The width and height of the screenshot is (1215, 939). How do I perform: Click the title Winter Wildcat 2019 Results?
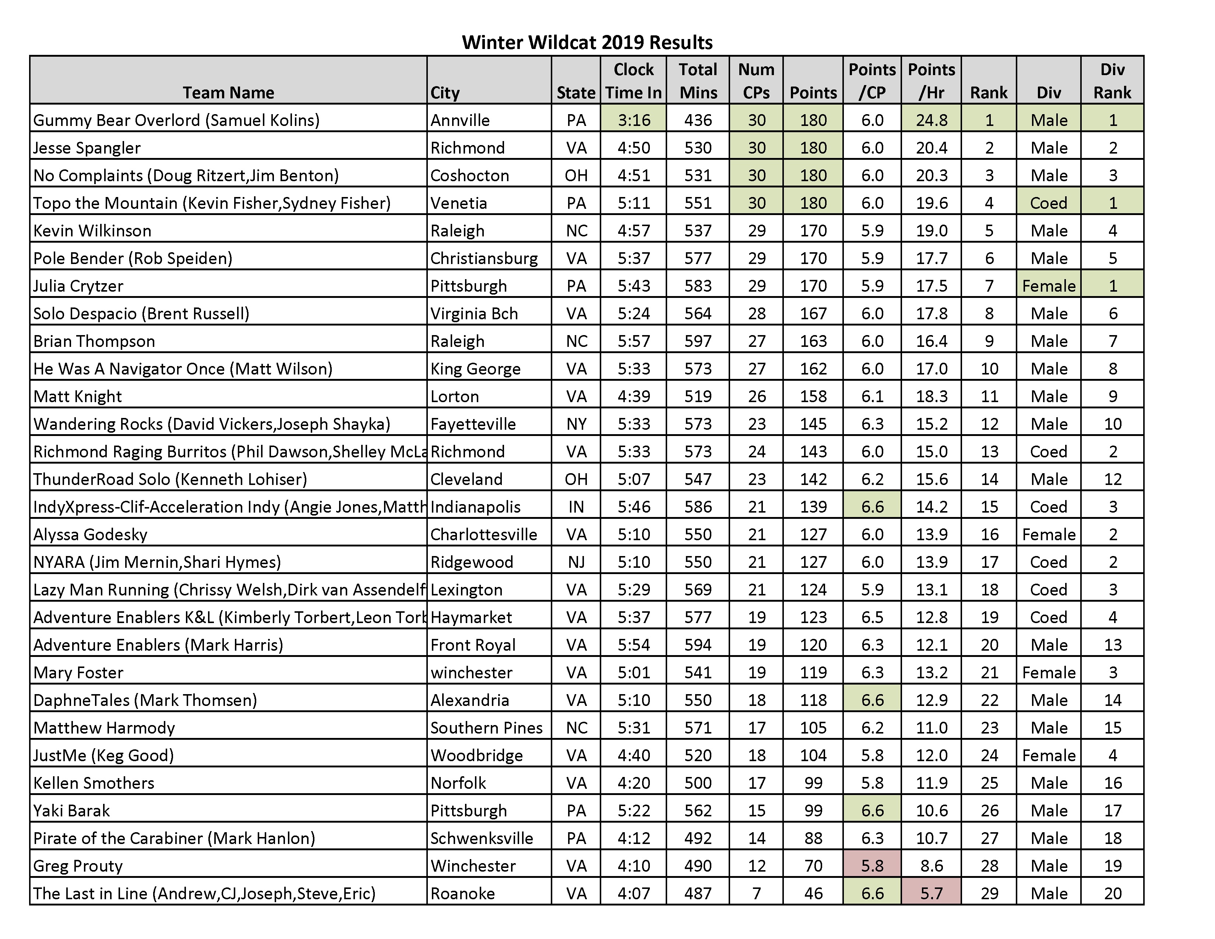coord(587,42)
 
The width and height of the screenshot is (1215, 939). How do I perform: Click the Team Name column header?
coord(228,92)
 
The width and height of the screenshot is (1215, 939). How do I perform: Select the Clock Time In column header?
coord(633,81)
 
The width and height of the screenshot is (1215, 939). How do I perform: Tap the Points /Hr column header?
coord(931,81)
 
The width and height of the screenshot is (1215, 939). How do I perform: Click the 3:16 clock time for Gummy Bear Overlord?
coord(633,120)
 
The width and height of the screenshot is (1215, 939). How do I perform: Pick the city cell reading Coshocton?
coord(469,175)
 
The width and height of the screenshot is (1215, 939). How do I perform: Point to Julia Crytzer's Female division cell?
coord(1049,286)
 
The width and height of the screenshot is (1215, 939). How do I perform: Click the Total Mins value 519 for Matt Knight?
coord(698,396)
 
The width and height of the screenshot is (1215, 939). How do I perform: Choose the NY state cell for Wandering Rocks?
coord(576,424)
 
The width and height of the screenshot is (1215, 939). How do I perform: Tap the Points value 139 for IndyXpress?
coord(813,507)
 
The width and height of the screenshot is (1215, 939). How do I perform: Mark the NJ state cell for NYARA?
coord(576,562)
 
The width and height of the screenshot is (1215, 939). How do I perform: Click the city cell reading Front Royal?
coord(473,645)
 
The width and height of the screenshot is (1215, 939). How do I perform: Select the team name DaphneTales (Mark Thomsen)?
coord(145,700)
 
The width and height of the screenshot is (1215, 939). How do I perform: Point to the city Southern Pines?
coord(486,728)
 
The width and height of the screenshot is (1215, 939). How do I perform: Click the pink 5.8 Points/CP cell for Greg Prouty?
coord(872,866)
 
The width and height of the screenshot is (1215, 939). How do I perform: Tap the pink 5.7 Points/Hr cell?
coord(931,893)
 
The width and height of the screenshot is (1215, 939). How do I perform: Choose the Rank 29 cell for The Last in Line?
coord(989,893)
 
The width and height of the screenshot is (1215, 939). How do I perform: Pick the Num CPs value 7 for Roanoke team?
coord(756,893)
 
